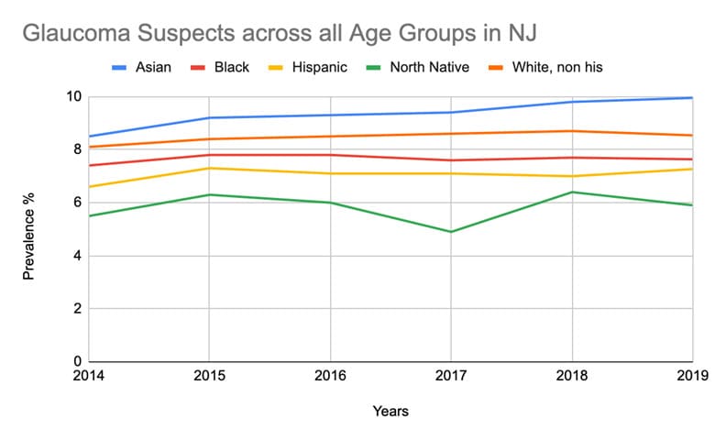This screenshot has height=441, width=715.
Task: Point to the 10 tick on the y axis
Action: click(74, 97)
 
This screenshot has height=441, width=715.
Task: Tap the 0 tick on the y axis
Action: click(78, 361)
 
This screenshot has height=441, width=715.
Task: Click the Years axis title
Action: click(390, 411)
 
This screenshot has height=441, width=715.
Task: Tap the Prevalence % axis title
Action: click(29, 230)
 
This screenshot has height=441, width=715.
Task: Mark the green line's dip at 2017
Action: click(451, 231)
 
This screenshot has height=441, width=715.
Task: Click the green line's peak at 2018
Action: click(572, 192)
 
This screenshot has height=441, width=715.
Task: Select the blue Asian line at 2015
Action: click(209, 117)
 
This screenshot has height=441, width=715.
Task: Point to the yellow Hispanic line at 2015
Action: click(209, 168)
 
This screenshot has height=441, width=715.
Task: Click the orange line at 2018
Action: click(572, 131)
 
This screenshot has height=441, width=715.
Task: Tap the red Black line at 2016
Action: click(330, 155)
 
